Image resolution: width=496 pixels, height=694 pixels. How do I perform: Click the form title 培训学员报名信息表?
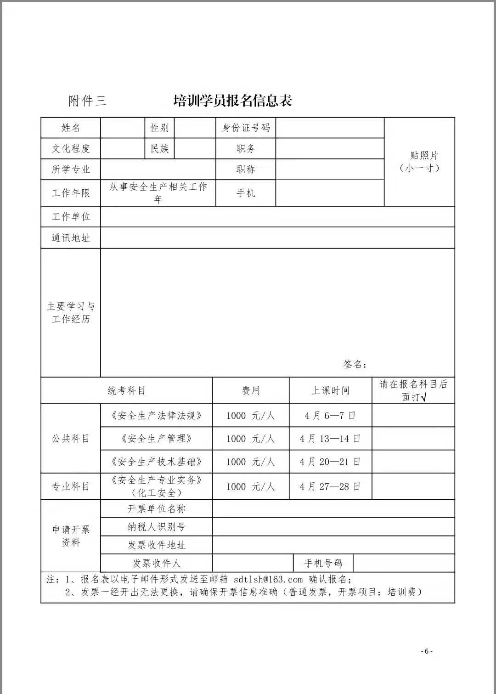(232, 101)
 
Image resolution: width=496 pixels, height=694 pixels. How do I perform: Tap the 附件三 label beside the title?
(87, 101)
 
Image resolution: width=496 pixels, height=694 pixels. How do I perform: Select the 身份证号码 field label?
(246, 128)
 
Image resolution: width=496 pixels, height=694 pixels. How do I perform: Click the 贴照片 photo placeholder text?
(423, 156)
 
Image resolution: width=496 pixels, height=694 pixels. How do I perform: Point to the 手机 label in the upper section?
(246, 193)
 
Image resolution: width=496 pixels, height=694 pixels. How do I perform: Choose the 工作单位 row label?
(71, 216)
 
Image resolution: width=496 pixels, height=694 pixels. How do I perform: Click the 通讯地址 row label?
(71, 237)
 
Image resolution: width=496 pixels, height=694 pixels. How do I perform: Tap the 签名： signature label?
(355, 364)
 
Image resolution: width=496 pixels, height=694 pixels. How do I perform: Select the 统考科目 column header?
(127, 390)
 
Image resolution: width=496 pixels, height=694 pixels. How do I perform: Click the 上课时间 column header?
(330, 390)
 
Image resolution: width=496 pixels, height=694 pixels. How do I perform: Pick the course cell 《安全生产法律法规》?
(156, 416)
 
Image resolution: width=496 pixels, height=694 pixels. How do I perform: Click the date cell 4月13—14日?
(330, 439)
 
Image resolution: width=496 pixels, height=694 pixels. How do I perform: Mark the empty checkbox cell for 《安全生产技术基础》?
(413, 462)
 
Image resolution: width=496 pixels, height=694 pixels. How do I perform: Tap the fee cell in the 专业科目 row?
(250, 486)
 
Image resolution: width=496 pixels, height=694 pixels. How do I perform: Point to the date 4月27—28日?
(330, 486)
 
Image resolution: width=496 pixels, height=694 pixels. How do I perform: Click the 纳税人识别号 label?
(156, 527)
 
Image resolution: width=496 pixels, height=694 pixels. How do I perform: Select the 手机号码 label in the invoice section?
(323, 563)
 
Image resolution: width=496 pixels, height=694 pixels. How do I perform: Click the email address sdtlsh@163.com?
(268, 580)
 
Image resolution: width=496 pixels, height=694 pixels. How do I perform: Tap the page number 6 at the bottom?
(427, 651)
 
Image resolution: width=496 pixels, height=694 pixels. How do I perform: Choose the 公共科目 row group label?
(71, 439)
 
